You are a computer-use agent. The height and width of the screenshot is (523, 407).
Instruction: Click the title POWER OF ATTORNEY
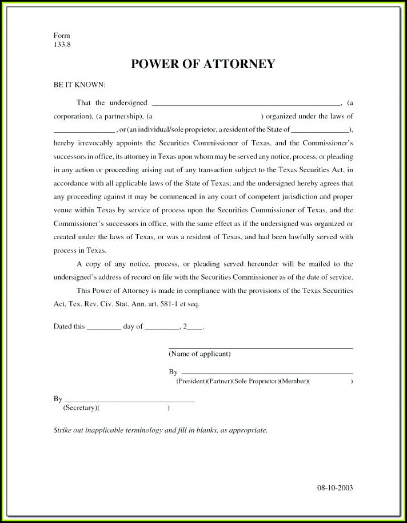[x=203, y=64]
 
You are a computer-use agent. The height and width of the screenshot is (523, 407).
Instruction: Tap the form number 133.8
[x=62, y=44]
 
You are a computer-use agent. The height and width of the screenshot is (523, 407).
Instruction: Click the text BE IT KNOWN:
[x=79, y=85]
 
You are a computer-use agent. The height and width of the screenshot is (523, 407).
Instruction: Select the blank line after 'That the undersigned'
[x=246, y=104]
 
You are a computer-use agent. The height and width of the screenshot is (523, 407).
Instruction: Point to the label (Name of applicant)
[x=199, y=354]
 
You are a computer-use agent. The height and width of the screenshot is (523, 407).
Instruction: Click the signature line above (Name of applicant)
[x=260, y=348]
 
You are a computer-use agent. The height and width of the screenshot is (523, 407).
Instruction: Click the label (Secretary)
[x=79, y=408]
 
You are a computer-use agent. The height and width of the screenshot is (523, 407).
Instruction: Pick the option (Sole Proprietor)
[x=256, y=381]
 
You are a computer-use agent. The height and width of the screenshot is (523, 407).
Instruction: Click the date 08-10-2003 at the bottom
[x=335, y=488]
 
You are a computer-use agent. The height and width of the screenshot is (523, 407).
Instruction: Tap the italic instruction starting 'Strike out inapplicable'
[x=160, y=430]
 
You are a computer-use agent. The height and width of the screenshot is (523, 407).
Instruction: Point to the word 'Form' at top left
[x=62, y=35]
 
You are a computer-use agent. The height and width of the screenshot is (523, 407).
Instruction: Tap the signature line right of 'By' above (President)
[x=266, y=373]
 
